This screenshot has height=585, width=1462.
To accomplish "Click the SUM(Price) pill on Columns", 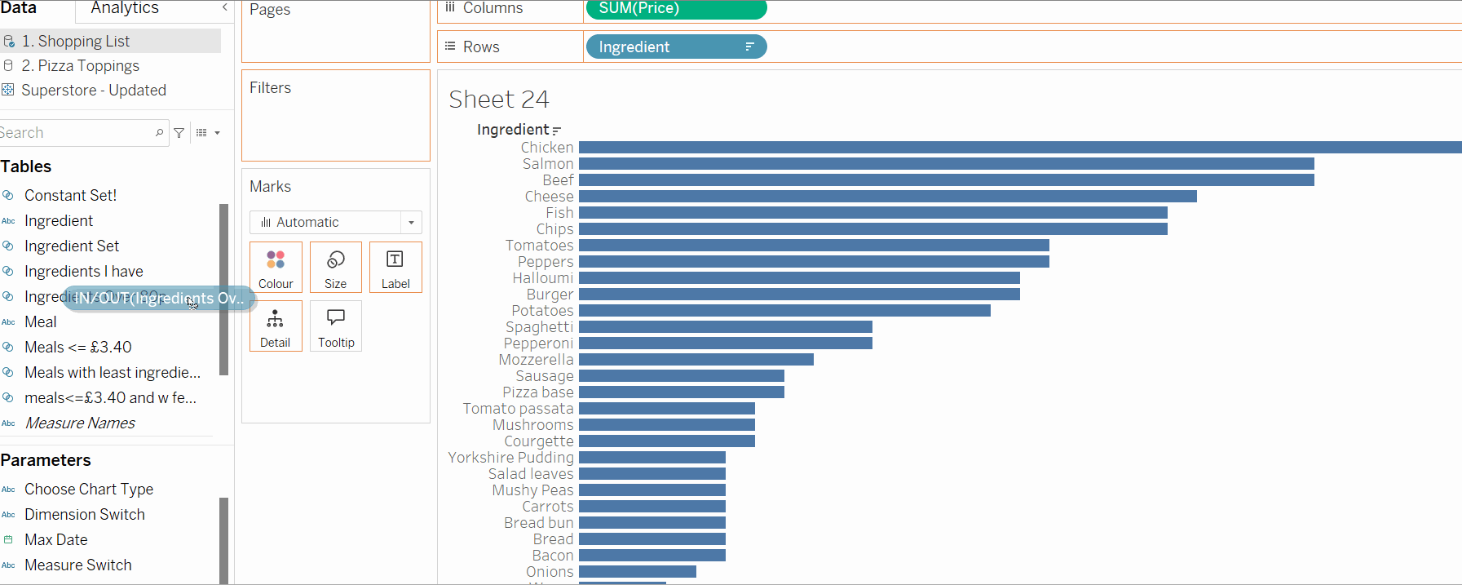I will click(675, 9).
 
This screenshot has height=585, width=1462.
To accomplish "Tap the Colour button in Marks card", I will click(276, 268).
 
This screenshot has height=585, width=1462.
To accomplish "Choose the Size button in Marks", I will click(335, 268).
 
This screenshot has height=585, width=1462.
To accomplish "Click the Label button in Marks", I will click(395, 268).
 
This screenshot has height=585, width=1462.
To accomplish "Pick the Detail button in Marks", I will click(276, 326).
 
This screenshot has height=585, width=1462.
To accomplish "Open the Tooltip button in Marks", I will click(336, 326).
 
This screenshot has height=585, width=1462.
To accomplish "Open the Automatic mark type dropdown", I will click(336, 222).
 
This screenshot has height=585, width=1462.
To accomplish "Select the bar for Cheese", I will click(887, 197).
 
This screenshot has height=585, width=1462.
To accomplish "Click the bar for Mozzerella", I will click(696, 360).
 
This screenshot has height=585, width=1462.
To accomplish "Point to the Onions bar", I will click(637, 572).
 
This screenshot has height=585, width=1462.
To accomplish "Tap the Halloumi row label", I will click(543, 278).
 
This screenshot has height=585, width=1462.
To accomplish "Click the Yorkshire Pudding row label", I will click(510, 458).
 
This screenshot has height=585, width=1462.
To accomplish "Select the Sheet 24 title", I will click(499, 100).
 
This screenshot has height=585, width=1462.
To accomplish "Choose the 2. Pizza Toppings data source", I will click(80, 66).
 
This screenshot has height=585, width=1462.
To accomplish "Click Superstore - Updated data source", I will click(93, 91).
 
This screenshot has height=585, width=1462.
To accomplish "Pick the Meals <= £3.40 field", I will click(78, 348).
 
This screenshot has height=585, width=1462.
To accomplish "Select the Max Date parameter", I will click(55, 540).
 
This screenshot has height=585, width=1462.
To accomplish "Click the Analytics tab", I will click(125, 8).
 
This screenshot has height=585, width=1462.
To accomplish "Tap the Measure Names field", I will click(80, 423).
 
